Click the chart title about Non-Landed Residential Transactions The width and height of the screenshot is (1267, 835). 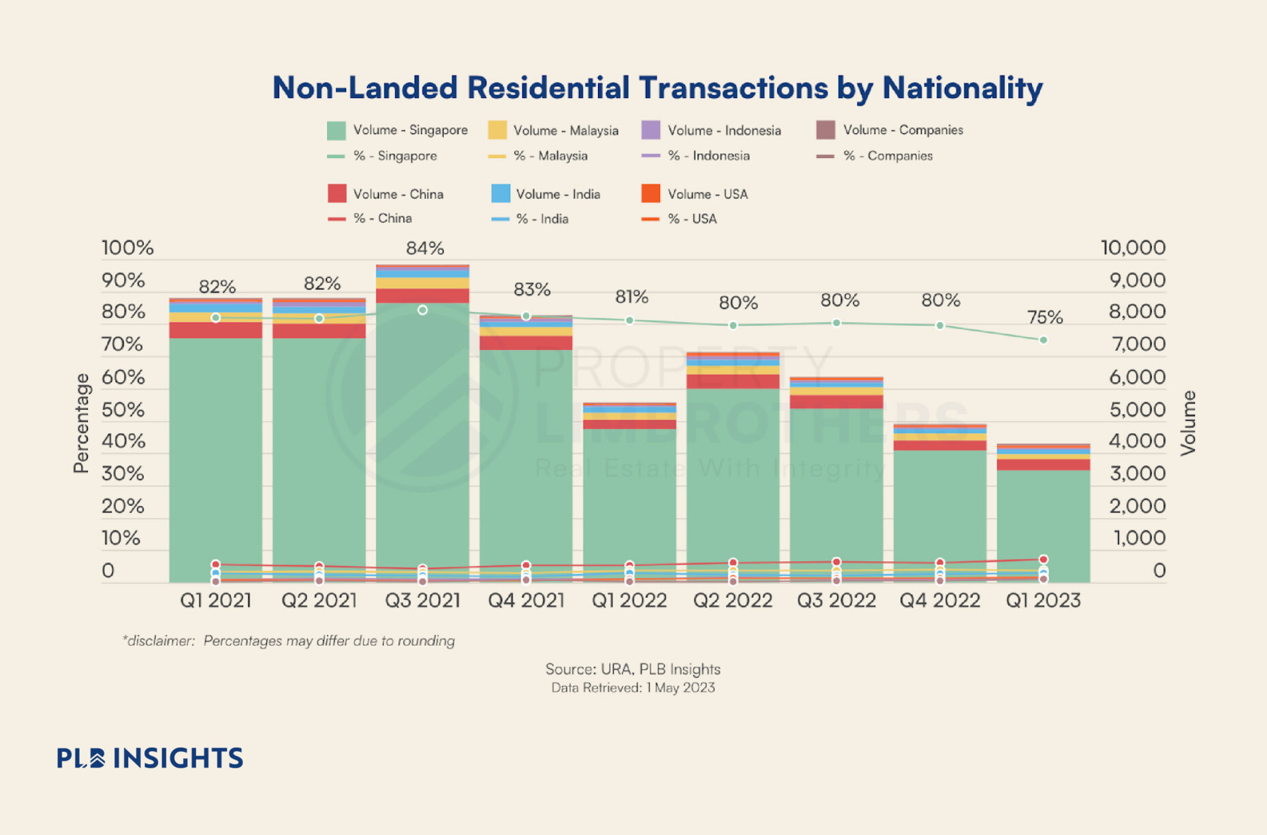tap(657, 88)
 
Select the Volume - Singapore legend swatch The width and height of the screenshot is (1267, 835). tap(336, 130)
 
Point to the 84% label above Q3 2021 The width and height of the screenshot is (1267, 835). tap(425, 249)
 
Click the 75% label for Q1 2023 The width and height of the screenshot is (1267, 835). tap(1045, 317)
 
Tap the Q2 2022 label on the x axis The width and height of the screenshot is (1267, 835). tap(733, 601)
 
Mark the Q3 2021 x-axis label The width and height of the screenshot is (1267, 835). tap(422, 601)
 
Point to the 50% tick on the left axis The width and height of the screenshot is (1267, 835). tap(123, 410)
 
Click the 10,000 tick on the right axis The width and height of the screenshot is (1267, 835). tap(1133, 248)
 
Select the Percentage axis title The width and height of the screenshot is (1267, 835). tap(81, 423)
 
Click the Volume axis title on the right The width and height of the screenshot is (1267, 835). tap(1189, 423)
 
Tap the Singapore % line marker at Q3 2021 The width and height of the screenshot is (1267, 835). tap(422, 310)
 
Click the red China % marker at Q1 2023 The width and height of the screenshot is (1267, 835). tap(1044, 559)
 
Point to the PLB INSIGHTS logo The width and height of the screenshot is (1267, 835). tap(150, 758)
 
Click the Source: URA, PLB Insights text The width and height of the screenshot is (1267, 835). tap(633, 669)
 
